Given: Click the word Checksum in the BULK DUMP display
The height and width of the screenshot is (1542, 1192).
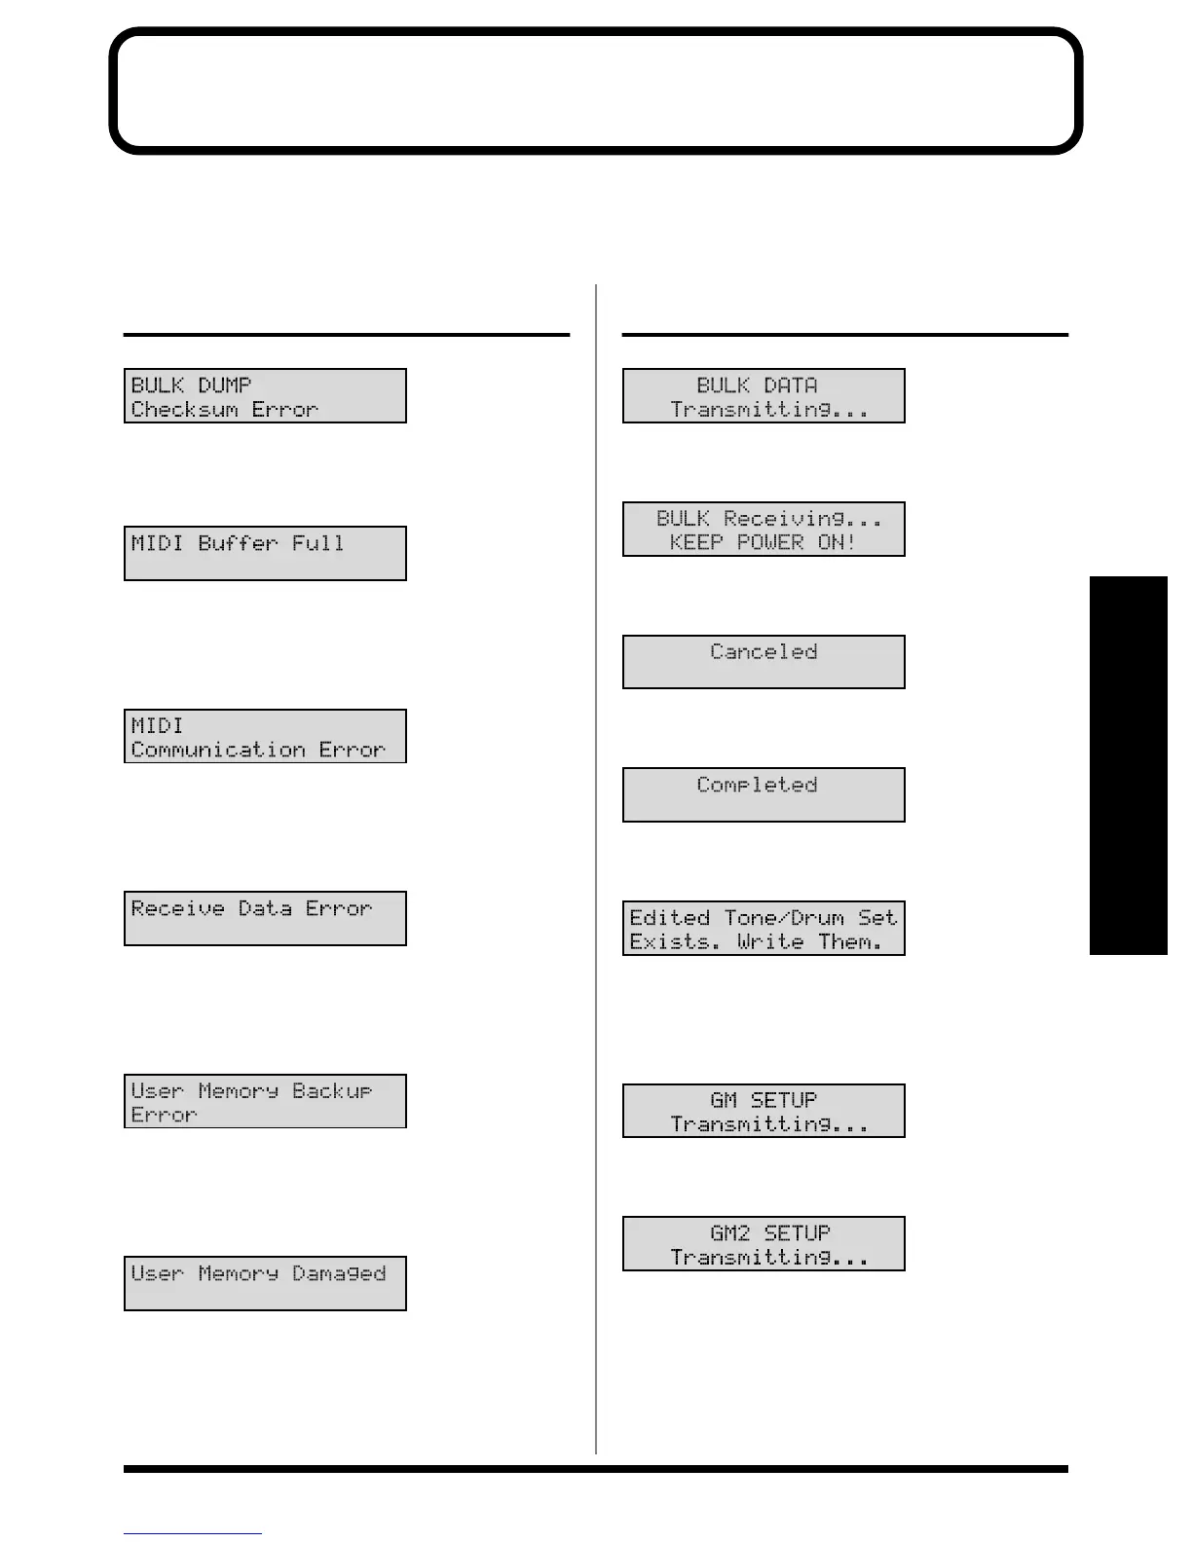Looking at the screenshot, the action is click(x=185, y=410).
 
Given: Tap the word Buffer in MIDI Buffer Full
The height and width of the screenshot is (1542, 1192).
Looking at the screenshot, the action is click(x=238, y=543).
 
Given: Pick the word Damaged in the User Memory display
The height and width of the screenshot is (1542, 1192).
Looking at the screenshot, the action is click(x=339, y=1273).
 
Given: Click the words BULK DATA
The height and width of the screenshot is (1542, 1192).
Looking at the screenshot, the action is click(x=757, y=385).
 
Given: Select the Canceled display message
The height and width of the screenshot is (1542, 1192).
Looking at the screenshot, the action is click(x=764, y=651).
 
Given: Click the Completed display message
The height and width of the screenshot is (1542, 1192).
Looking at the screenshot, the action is click(x=757, y=785).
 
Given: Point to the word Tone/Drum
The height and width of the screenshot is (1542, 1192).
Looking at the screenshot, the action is click(x=784, y=918).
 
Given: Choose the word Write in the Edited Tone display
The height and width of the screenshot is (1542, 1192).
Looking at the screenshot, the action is click(x=770, y=941).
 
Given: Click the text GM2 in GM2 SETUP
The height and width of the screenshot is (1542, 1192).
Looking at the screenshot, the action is click(x=730, y=1233).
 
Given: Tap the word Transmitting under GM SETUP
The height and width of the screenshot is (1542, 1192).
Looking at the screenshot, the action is click(x=769, y=1124).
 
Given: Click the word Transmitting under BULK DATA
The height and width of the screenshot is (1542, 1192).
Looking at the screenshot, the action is click(x=769, y=410).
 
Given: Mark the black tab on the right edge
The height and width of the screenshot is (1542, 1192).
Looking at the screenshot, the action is click(x=1128, y=765).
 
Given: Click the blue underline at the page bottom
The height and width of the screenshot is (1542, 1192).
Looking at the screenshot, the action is click(x=192, y=1533).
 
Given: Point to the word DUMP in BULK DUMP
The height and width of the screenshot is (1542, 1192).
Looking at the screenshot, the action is click(x=225, y=385).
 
